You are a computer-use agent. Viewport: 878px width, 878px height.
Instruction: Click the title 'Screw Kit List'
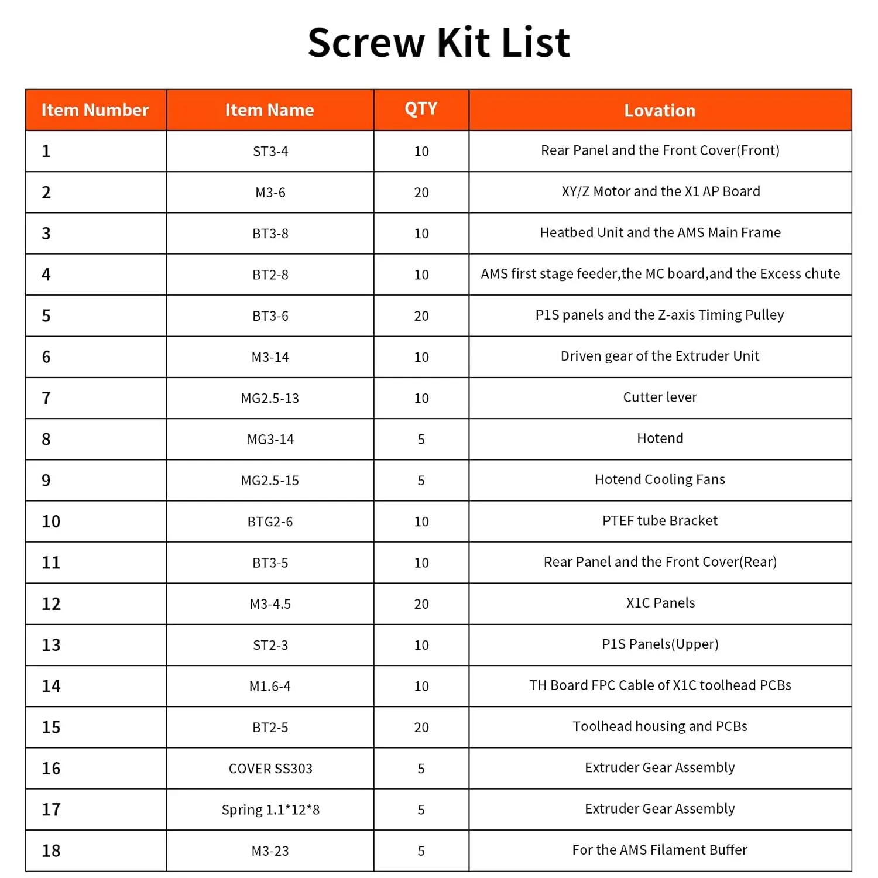click(438, 43)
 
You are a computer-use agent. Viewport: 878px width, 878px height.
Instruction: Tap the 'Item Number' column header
click(95, 110)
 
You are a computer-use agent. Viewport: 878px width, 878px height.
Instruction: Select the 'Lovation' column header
click(660, 110)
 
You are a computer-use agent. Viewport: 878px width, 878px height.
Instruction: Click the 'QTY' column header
click(421, 109)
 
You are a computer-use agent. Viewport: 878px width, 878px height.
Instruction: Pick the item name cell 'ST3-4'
click(270, 152)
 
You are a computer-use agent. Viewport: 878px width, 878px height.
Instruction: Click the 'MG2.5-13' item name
click(270, 399)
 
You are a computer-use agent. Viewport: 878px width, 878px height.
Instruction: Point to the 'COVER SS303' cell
click(270, 769)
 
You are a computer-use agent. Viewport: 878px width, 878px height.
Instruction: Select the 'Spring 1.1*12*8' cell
click(270, 810)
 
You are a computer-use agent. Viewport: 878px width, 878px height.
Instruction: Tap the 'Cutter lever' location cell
click(660, 397)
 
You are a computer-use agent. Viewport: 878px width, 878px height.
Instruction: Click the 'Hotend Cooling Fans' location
click(660, 480)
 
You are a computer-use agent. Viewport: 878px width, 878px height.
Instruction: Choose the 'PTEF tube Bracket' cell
click(660, 521)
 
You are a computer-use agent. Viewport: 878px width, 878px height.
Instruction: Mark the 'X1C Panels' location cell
click(660, 603)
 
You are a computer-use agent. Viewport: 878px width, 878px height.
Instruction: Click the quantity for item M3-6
click(421, 193)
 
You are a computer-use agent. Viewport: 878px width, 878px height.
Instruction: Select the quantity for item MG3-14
click(421, 440)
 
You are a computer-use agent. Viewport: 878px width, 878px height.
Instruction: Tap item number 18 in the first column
click(51, 851)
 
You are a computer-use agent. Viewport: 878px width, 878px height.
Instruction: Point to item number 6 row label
click(46, 357)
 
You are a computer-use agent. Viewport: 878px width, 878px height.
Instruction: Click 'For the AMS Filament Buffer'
click(660, 850)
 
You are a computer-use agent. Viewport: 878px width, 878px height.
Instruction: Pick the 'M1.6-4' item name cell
click(270, 687)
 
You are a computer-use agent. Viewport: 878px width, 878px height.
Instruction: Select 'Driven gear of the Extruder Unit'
click(660, 356)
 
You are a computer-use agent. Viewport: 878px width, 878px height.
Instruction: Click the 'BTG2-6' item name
click(270, 522)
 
